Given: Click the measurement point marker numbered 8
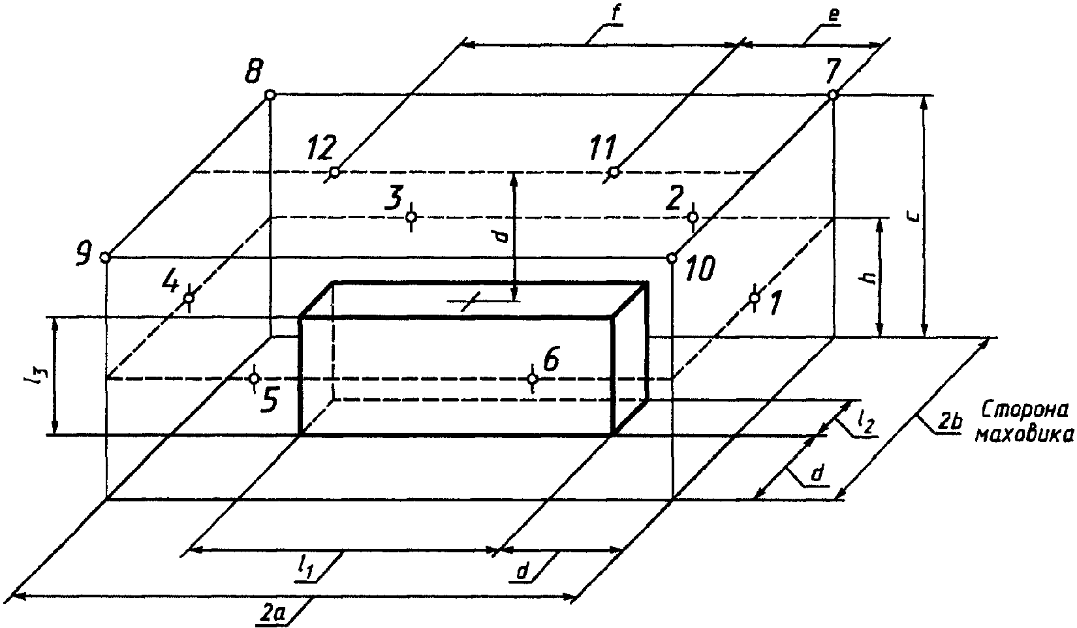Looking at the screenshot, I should (270, 95).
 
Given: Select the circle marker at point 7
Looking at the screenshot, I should (833, 95).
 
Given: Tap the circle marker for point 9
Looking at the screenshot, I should (105, 258).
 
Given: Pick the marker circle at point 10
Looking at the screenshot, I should (672, 259).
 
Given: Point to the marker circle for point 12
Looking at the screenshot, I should (335, 172).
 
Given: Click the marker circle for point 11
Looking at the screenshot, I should (614, 172).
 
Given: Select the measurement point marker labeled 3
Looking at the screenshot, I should (411, 217).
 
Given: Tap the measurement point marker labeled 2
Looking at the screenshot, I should (693, 217).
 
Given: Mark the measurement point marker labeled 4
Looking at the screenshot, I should (189, 298).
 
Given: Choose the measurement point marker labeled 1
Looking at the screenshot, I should (755, 298).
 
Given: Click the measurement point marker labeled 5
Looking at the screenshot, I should (255, 379).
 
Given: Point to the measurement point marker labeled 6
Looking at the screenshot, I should (533, 379).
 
